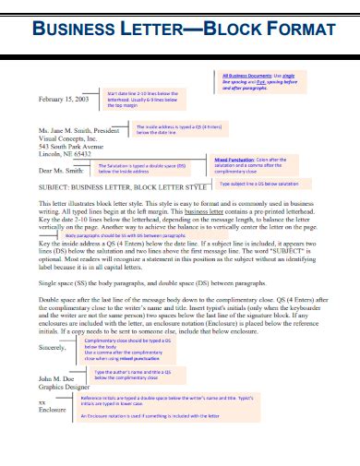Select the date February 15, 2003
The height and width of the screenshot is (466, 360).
click(x=65, y=98)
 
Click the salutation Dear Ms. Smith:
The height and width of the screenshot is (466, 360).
click(x=62, y=170)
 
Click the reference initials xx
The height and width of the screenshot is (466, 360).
click(x=42, y=403)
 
